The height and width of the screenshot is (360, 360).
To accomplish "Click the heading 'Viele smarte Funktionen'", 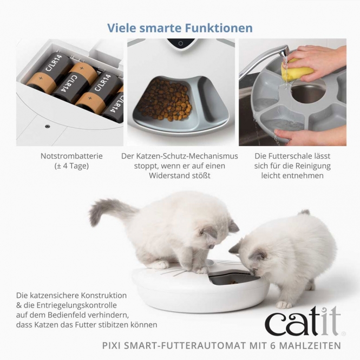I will (180, 28).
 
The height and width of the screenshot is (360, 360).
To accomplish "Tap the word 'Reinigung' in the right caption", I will (312, 166).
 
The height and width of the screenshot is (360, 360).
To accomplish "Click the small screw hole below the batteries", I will (47, 126).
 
